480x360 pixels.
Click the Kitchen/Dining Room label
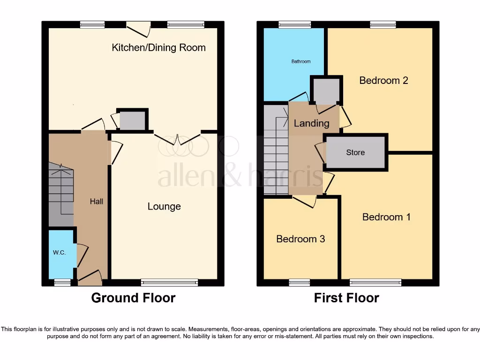pos(158,47)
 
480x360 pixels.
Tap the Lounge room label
pos(164,207)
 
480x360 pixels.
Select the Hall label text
pos(97,202)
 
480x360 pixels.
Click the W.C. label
pos(59,253)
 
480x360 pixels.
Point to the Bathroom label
pos(301,61)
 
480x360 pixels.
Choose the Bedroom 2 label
pos(383,80)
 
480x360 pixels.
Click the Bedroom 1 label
pos(386,217)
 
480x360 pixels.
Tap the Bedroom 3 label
pos(300,239)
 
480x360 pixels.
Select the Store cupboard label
pos(355,152)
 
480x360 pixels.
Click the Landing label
pos(311,123)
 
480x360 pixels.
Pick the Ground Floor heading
pos(133,298)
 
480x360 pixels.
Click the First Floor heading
pos(346,298)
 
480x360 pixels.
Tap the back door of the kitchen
pos(139,28)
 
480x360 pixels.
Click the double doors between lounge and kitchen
pos(178,139)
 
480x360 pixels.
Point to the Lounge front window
pos(169,282)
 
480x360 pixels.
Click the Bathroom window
pos(294,25)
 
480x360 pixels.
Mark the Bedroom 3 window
pos(299,282)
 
